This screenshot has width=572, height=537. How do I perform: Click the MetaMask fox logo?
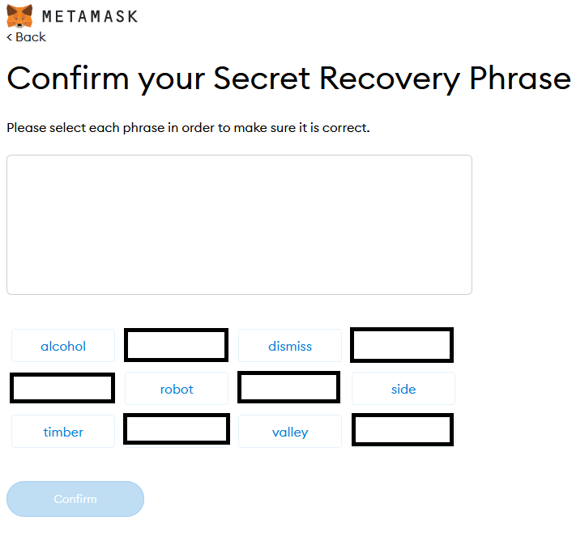tap(19, 15)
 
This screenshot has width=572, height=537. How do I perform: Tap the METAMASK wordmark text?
tap(89, 16)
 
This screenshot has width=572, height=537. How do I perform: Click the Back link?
tap(27, 37)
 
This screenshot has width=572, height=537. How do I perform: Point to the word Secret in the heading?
tap(260, 79)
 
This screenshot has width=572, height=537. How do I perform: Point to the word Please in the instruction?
tap(27, 128)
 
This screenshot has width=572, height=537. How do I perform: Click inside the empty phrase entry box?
tap(239, 224)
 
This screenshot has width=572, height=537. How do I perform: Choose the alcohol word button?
tap(63, 346)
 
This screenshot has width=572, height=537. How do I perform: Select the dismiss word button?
tap(290, 346)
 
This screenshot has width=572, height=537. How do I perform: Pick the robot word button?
tap(177, 389)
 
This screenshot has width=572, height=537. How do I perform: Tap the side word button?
tap(403, 389)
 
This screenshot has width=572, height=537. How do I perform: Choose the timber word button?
tap(63, 432)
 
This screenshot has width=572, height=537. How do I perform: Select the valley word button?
tap(290, 432)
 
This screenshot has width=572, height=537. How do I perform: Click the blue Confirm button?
tap(75, 499)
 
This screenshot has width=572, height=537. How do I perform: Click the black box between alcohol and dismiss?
tap(176, 345)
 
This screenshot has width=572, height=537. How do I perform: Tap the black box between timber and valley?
tap(176, 429)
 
